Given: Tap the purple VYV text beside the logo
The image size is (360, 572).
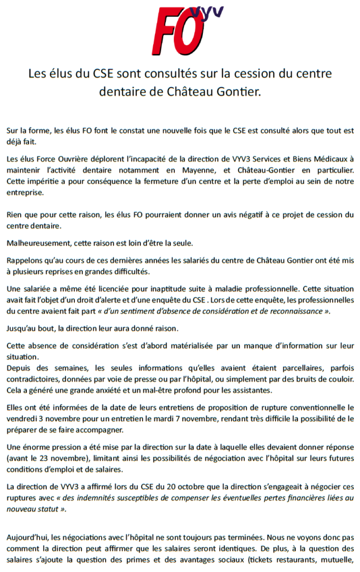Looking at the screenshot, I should (x=208, y=15).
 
